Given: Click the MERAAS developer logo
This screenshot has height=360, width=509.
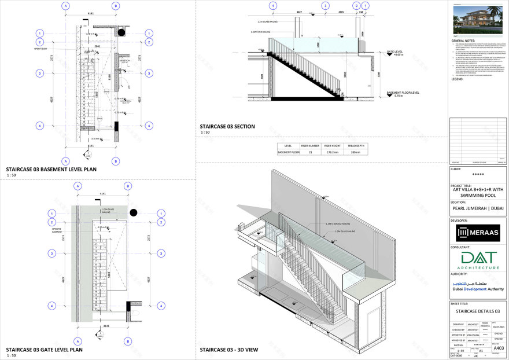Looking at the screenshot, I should (x=477, y=233).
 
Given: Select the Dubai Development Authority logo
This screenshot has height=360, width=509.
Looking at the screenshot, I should (x=477, y=285).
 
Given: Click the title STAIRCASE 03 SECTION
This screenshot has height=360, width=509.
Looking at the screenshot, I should (x=227, y=126).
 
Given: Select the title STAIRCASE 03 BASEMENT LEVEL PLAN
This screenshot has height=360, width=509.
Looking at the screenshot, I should (x=51, y=169).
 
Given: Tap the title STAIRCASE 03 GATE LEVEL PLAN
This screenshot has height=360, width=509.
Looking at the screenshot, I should (x=44, y=350).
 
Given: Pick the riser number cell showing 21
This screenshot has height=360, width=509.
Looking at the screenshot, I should (x=313, y=152).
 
